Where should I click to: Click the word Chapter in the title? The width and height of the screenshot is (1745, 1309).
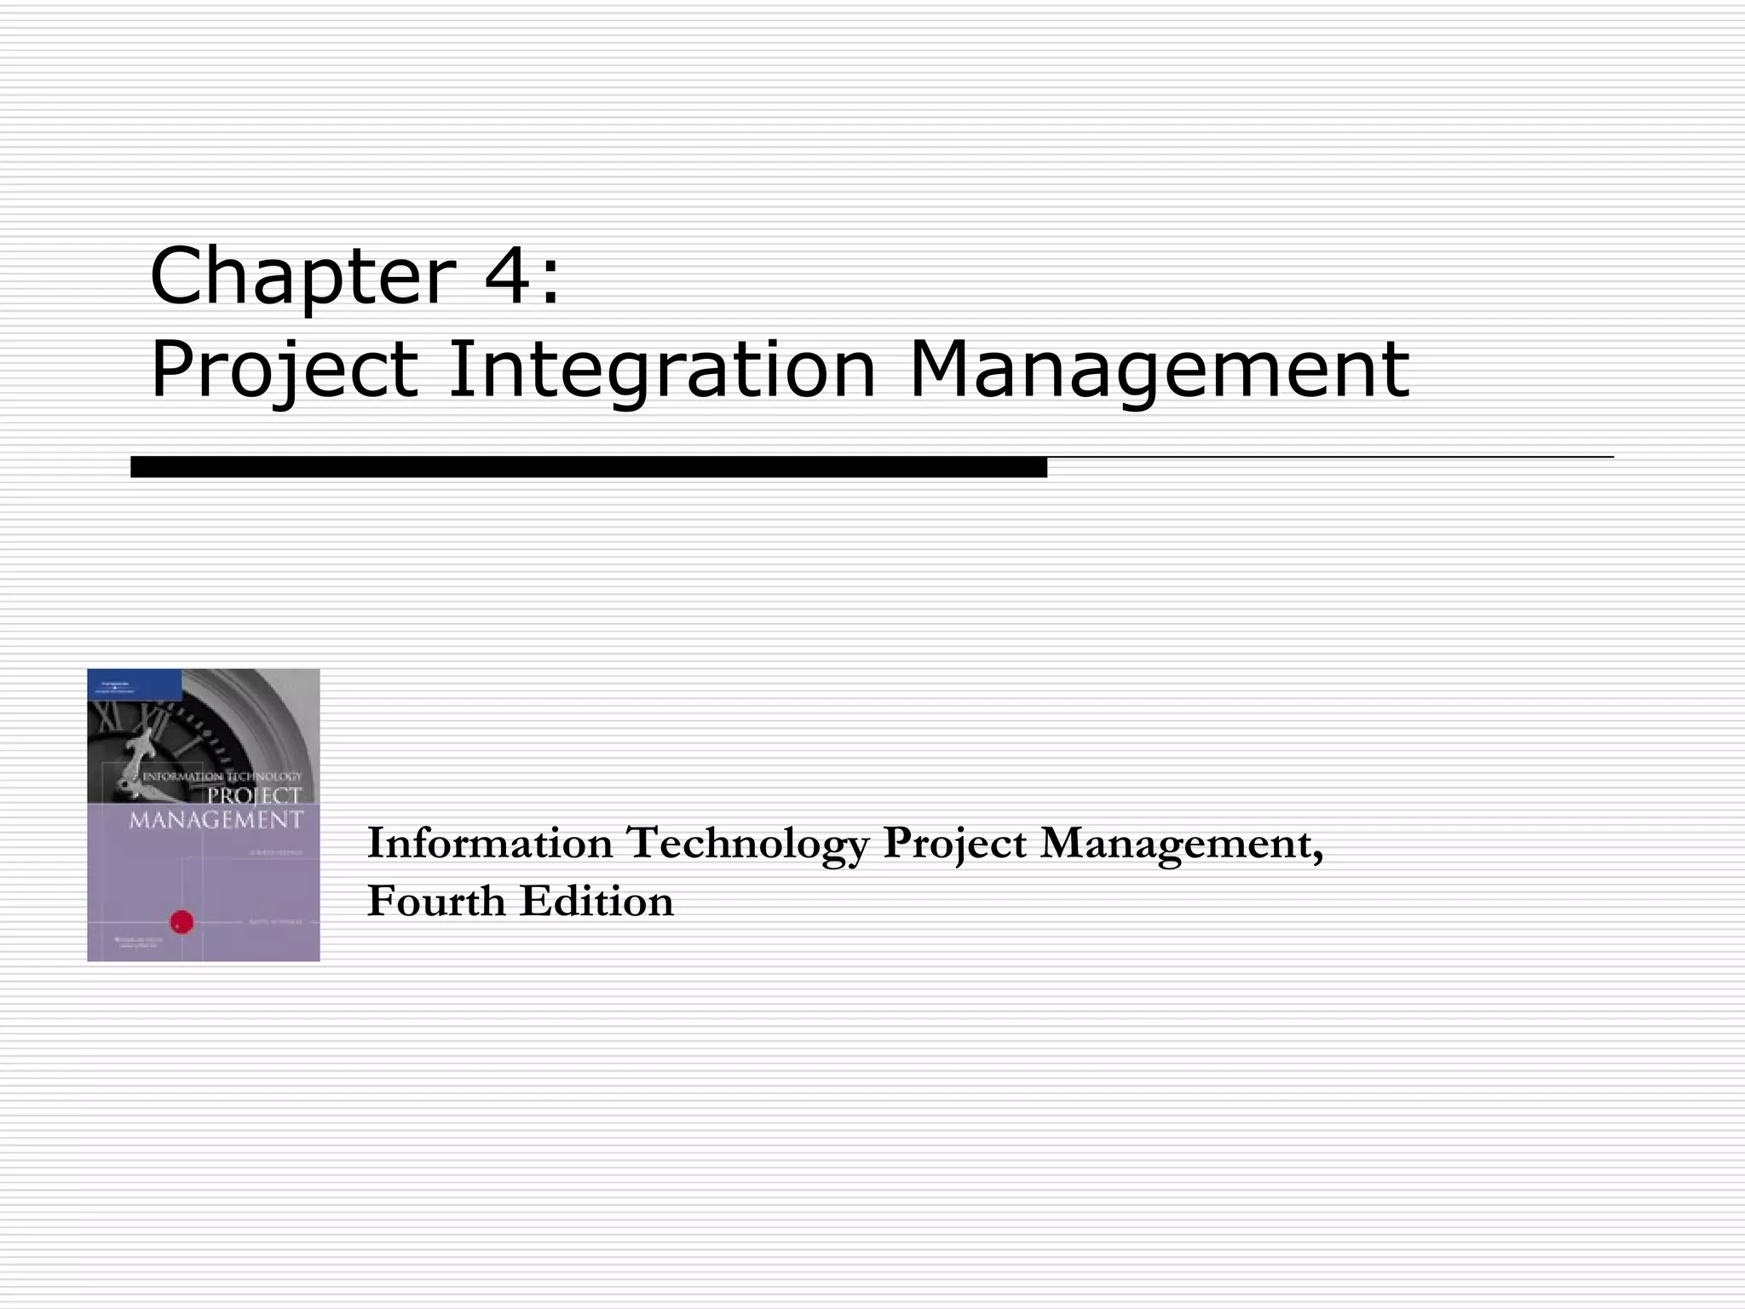303,277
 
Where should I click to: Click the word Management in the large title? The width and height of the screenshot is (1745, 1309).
1160,371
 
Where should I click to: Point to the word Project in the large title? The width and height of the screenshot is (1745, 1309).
285,371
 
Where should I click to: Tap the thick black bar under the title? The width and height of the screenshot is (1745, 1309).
588,467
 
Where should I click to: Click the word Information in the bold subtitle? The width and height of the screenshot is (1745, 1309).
490,844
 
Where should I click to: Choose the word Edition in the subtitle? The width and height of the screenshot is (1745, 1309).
596,902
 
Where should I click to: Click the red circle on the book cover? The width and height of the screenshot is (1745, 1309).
182,921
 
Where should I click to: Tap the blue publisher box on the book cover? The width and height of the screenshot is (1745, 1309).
135,683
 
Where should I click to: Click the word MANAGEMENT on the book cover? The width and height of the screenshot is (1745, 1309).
216,820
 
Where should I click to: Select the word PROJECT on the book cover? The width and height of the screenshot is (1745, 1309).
255,797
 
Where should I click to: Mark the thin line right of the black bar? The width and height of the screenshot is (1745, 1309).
1329,458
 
